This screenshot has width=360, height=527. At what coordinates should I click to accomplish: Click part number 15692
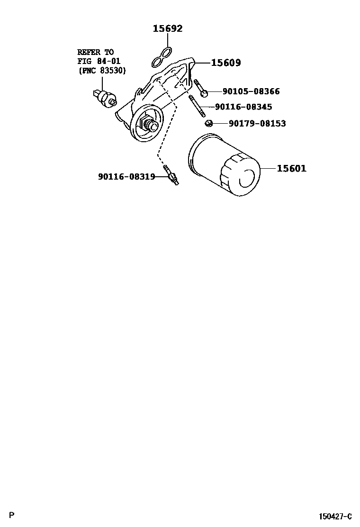(x=167, y=29)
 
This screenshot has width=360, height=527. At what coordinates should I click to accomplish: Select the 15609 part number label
(x=226, y=63)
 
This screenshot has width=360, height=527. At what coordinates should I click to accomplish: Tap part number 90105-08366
(x=251, y=91)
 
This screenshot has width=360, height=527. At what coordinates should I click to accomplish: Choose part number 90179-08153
(x=257, y=124)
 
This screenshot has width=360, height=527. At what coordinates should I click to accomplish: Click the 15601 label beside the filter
(x=291, y=168)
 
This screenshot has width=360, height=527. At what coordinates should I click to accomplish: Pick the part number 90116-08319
(x=126, y=177)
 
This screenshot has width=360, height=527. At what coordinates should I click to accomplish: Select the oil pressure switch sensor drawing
(x=105, y=96)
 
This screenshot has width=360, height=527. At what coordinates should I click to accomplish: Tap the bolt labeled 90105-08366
(x=199, y=88)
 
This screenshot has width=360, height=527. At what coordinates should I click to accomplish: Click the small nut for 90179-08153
(x=207, y=124)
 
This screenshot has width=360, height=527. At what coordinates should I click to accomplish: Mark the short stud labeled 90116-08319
(x=171, y=175)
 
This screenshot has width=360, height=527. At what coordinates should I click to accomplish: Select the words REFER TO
(x=96, y=52)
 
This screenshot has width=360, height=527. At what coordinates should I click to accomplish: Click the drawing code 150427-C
(x=335, y=516)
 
